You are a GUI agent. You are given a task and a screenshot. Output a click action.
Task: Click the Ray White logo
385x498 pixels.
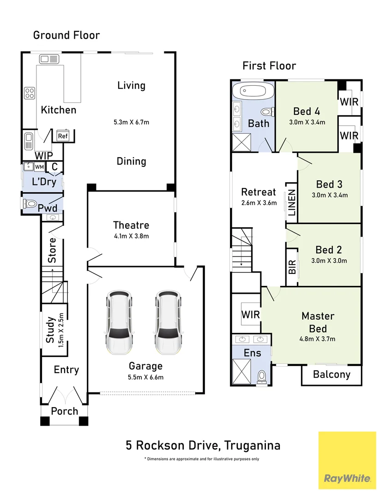pyautogui.click(x=347, y=478)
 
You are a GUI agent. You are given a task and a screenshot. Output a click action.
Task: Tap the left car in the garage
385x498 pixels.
pyautogui.click(x=120, y=321)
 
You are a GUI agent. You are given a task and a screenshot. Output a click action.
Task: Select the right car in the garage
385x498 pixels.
pyautogui.click(x=168, y=321)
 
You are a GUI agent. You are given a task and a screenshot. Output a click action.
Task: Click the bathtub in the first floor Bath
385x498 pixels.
pyautogui.click(x=253, y=91)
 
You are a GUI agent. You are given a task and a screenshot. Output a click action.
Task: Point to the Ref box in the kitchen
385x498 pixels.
pyautogui.click(x=63, y=136)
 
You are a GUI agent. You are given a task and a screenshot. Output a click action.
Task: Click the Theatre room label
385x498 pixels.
pyautogui.click(x=131, y=225)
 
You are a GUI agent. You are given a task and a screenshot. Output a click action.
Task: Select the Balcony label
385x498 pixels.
pyautogui.click(x=331, y=374)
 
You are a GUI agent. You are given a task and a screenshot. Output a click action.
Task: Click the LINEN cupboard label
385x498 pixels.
pyautogui.click(x=292, y=203)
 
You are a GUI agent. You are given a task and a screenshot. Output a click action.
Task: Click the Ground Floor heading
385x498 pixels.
pyautogui.click(x=66, y=35)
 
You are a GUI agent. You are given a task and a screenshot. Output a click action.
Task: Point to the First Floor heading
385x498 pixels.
pyautogui.click(x=269, y=66)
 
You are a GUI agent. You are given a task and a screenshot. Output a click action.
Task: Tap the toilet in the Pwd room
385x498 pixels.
pyautogui.click(x=30, y=203)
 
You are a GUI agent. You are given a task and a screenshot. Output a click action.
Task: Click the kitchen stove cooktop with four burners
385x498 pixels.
pyautogui.click(x=30, y=93)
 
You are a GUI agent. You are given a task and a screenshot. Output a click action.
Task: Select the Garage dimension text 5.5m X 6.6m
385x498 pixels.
pyautogui.click(x=145, y=377)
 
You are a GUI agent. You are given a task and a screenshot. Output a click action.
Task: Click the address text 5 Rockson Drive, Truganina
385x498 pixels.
pyautogui.click(x=203, y=445)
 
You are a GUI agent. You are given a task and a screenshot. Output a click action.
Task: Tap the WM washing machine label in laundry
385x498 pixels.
pyautogui.click(x=40, y=166)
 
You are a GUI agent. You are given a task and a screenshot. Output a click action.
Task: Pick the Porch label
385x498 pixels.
pyautogui.click(x=64, y=411)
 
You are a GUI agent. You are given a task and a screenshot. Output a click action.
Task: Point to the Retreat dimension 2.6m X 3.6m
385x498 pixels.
pyautogui.click(x=259, y=202)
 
